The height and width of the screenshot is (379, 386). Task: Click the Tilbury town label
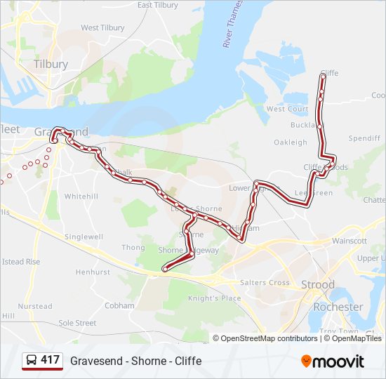51,64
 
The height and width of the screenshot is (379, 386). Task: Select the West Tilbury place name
102,28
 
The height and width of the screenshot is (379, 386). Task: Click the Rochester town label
338,307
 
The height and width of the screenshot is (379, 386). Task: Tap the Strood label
317,285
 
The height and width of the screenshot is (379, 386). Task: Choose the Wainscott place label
350,241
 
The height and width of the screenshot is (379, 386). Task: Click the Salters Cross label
265,283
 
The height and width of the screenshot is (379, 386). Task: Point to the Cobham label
119,306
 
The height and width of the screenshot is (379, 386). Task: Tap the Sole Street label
77,323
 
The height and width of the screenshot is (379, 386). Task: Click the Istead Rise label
21,262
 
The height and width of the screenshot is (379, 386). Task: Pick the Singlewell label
84,237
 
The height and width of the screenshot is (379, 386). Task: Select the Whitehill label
81,197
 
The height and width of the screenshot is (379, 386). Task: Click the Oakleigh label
290,142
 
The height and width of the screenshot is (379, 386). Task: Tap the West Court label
287,109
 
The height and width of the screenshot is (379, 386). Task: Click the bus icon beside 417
32,361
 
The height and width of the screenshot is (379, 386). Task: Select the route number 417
51,360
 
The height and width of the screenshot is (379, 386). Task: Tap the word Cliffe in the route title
188,361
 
